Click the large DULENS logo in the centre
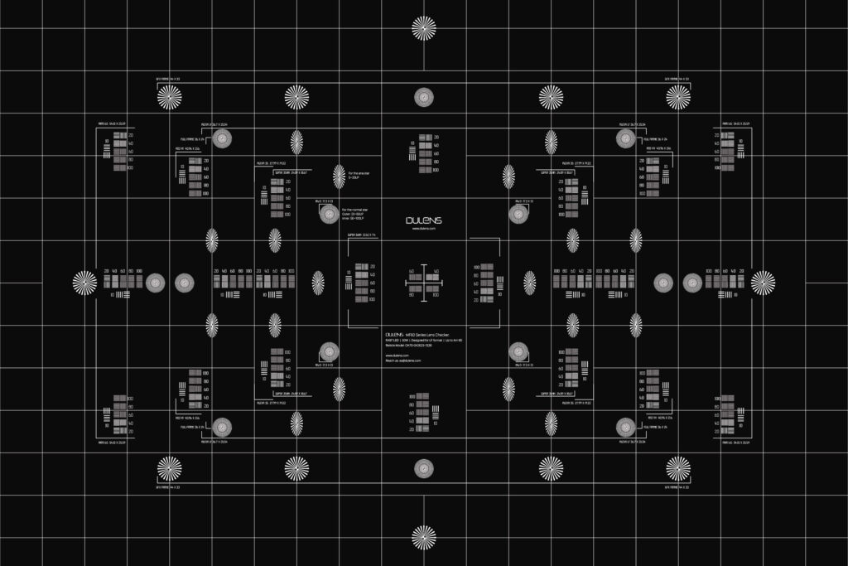pos(424,220)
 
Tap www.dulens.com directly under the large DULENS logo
pos(424,228)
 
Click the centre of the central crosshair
pos(424,283)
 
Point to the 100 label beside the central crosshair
pos(436,294)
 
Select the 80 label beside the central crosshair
pos(412,294)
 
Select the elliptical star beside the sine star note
pos(339,176)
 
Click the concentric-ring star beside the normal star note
pos(328,215)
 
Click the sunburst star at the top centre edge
pos(424,28)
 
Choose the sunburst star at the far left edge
pos(84,283)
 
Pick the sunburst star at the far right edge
pos(763,283)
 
